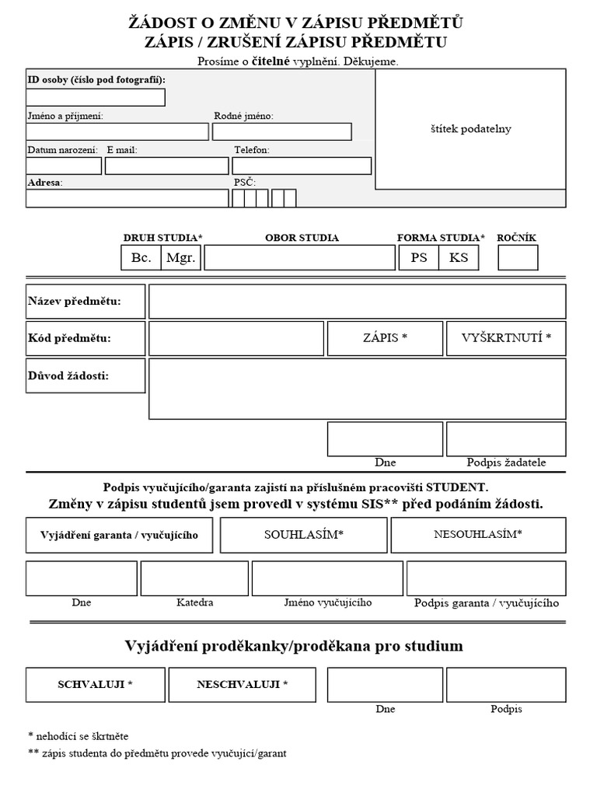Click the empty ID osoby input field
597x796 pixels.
(96, 97)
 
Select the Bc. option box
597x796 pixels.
(141, 257)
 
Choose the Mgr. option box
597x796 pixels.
(181, 257)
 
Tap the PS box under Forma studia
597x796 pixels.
(419, 257)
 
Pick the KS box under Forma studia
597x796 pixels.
(459, 257)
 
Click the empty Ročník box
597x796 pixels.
(518, 257)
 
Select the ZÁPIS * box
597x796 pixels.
(385, 338)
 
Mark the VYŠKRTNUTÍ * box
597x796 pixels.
(506, 338)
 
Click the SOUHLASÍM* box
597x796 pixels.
(303, 535)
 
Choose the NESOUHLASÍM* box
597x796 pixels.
(478, 535)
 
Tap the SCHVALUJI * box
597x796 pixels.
(96, 685)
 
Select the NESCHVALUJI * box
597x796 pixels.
(243, 685)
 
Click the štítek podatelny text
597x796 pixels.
(470, 129)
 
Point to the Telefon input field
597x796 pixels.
(302, 166)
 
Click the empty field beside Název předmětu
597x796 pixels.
(357, 302)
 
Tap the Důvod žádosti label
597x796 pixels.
(68, 376)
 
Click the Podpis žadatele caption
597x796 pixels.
(506, 463)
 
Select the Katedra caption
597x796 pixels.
(194, 602)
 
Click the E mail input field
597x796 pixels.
(166, 166)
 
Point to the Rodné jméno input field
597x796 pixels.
(281, 131)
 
